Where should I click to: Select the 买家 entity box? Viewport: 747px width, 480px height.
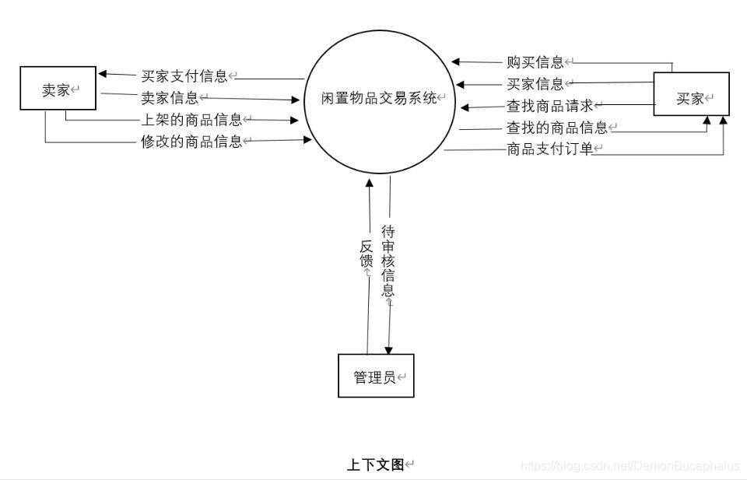coord(690,95)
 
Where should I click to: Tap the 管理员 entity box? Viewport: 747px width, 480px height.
coord(375,377)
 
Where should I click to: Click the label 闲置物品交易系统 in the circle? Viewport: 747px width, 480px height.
coord(379,98)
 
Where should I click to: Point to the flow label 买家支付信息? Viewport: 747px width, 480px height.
coord(184,76)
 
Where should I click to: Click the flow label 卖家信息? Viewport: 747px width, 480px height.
coord(170,97)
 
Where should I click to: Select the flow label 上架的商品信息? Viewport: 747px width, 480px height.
coord(191,120)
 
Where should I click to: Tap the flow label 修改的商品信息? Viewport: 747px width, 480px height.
coord(191,141)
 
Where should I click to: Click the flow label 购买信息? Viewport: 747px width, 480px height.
coord(535,62)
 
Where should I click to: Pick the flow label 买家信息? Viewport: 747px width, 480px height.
coord(535,84)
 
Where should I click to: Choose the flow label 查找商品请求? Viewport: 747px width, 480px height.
coord(550,106)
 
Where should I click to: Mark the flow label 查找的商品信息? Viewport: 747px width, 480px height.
coord(556,128)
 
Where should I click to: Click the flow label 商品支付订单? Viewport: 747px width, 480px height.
coord(550,149)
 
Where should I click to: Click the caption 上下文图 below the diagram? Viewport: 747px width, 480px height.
coord(375,465)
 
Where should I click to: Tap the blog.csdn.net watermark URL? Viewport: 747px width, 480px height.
coord(630,466)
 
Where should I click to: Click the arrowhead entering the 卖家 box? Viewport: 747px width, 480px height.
coord(103,75)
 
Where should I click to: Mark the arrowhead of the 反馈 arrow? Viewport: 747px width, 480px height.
coord(370,184)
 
